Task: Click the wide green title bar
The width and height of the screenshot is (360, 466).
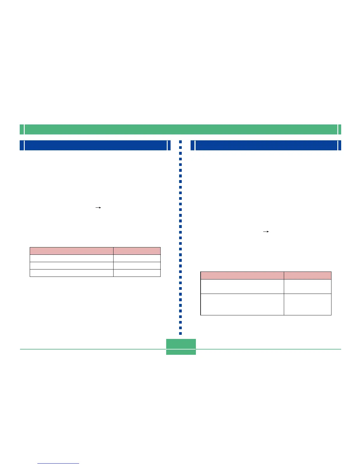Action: point(181,129)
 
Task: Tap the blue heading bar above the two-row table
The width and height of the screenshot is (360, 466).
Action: point(266,145)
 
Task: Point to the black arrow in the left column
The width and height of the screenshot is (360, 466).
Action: point(98,208)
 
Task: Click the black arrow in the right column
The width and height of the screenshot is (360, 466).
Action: point(266,232)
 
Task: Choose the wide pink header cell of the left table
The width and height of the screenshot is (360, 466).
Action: point(71,251)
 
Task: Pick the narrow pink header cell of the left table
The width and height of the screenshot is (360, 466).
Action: point(137,251)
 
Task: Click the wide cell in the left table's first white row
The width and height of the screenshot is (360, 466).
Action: point(71,258)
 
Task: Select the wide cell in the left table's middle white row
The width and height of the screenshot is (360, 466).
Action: point(71,266)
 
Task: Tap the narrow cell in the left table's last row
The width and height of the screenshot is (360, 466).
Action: point(137,273)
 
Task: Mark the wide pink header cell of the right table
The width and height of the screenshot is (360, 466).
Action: point(242,275)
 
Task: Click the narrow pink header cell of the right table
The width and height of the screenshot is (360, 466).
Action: point(307,275)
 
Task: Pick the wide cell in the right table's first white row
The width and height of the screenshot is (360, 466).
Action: point(242,287)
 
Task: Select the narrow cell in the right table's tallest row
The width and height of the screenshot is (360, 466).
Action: point(307,304)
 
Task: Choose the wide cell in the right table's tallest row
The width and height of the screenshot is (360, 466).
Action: point(242,304)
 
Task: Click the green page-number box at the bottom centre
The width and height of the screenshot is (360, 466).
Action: point(181,347)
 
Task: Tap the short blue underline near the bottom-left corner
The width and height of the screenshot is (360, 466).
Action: point(59,463)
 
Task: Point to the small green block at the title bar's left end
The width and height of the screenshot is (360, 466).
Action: point(22,129)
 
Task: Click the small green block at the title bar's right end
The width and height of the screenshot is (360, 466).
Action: point(340,129)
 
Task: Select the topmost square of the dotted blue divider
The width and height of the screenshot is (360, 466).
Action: point(181,142)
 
